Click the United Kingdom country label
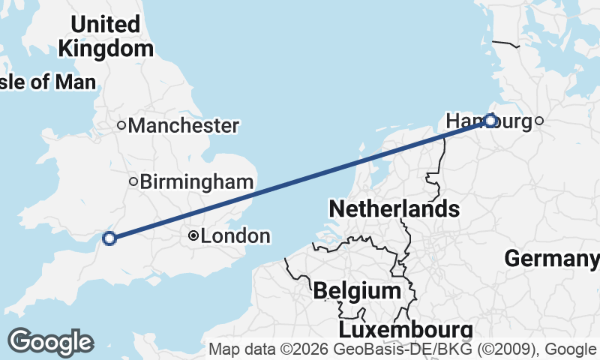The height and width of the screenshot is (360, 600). pos(105,36)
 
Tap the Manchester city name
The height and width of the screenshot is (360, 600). pos(184,125)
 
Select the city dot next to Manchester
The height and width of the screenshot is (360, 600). pos(121,125)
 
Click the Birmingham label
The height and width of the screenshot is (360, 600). pos(196,181)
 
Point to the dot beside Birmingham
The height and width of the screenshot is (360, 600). pos(133,181)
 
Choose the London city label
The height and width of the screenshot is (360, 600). pos(235,236)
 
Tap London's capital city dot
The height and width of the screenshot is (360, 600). pos(193,236)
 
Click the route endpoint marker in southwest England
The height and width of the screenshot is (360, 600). pos(109,238)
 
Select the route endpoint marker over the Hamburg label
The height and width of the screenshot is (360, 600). pos(490,120)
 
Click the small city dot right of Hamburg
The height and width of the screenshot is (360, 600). pos(538,120)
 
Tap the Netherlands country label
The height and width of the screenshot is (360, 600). pos(394,208)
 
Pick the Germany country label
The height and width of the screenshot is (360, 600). pos(551,259)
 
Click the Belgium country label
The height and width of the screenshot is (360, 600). pos(357,290)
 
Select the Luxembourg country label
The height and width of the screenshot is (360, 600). pos(406,330)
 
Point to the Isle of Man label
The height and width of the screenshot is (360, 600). pos(46,82)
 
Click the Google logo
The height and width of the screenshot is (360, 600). pos(50,342)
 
